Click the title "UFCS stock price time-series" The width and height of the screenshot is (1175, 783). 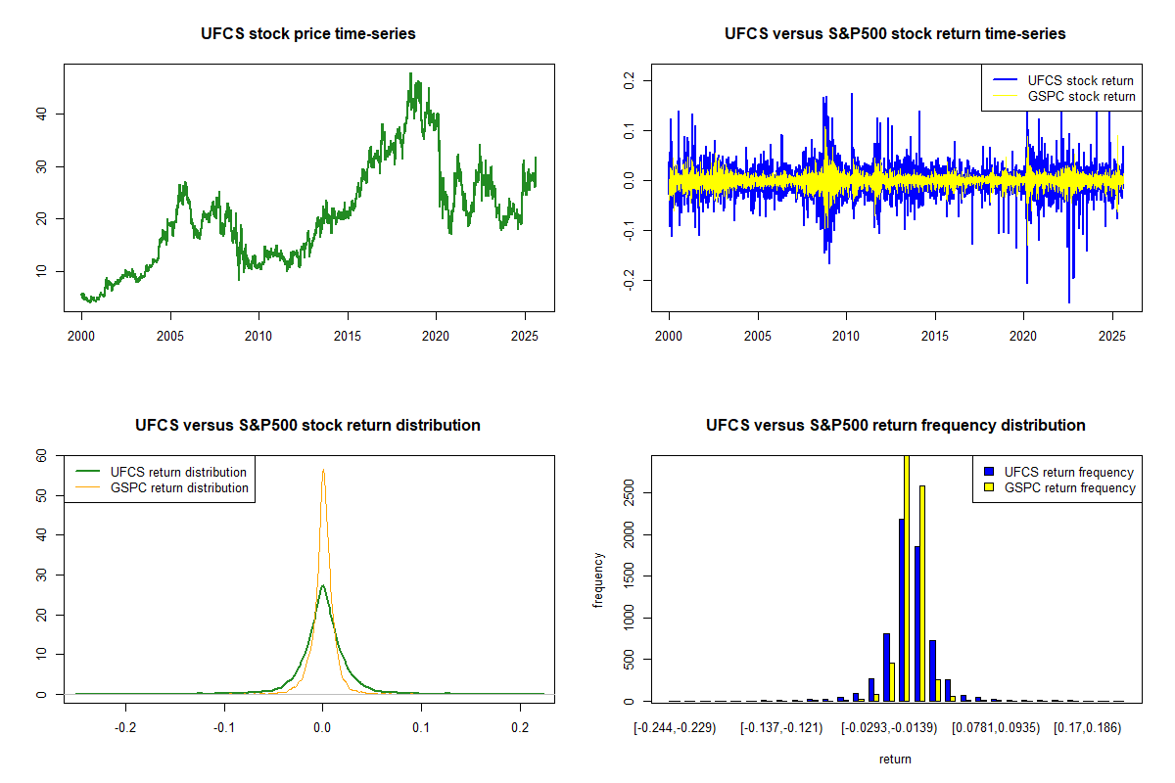[308, 34]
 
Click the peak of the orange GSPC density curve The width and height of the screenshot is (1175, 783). [323, 469]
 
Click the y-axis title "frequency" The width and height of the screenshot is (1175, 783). [598, 580]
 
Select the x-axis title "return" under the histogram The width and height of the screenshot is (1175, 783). [895, 759]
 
